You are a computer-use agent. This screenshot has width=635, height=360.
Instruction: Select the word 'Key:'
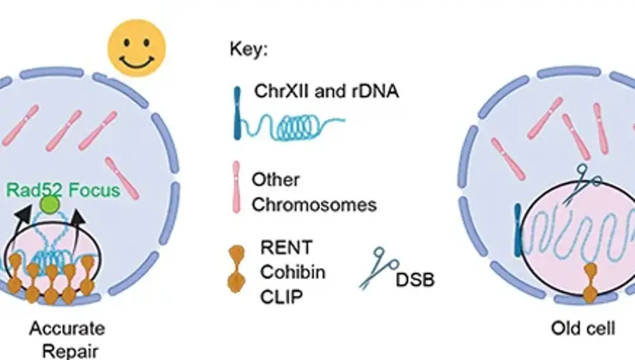(248, 51)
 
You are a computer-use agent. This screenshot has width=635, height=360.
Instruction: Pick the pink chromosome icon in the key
(236, 185)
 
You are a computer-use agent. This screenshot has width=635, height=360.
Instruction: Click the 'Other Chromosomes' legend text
(314, 192)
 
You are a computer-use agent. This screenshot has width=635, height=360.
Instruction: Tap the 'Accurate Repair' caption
(67, 340)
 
